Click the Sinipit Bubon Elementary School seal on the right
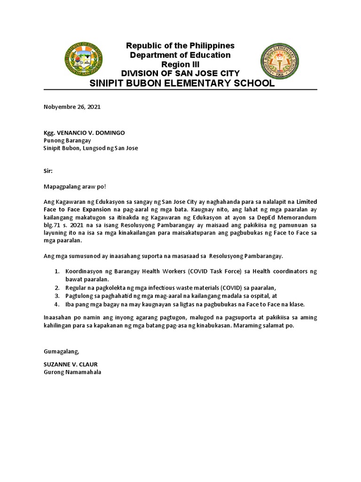(x=279, y=62)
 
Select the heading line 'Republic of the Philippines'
(x=180, y=46)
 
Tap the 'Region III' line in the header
(x=180, y=64)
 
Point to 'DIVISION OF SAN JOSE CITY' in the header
(x=180, y=73)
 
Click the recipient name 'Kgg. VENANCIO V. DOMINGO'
(x=85, y=133)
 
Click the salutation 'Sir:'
(x=49, y=172)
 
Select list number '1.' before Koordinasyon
(x=57, y=272)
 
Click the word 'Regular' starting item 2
(x=77, y=288)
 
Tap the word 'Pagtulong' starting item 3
(x=80, y=296)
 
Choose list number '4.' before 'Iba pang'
(x=57, y=304)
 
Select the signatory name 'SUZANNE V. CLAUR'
(x=71, y=364)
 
